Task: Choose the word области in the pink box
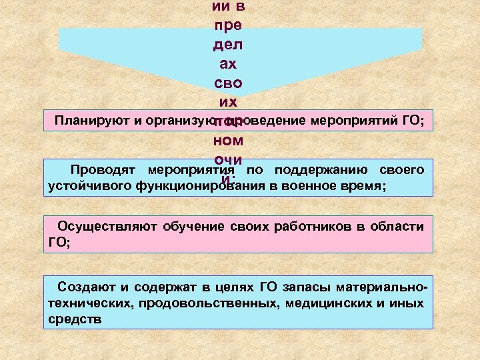tap(395, 227)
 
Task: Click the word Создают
tap(86, 287)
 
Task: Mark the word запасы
tap(308, 287)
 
